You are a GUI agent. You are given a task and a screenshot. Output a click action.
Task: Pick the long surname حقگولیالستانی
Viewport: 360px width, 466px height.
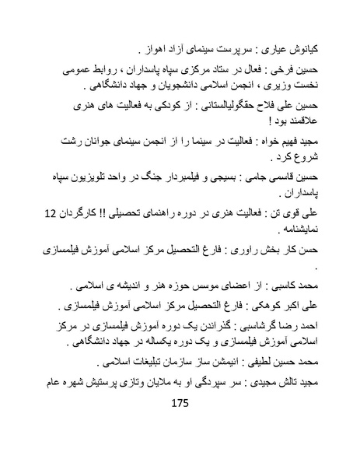tap(238, 111)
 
